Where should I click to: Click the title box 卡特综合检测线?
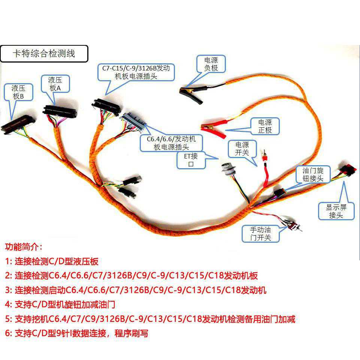[44, 54]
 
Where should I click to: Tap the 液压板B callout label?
[18, 92]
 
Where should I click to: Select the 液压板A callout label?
[55, 84]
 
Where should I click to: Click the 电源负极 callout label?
[211, 64]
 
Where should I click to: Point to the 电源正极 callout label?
[265, 126]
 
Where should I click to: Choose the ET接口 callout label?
[191, 160]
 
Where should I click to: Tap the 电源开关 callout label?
[242, 149]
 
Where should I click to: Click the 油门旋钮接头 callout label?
[313, 174]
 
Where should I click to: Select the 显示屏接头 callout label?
[336, 211]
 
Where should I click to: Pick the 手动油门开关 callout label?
[261, 234]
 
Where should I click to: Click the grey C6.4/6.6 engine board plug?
[133, 121]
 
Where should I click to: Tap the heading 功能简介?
[24, 247]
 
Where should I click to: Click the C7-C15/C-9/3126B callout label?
[136, 72]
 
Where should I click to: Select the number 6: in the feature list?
[9, 333]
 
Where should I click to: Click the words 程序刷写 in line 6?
[131, 333]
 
